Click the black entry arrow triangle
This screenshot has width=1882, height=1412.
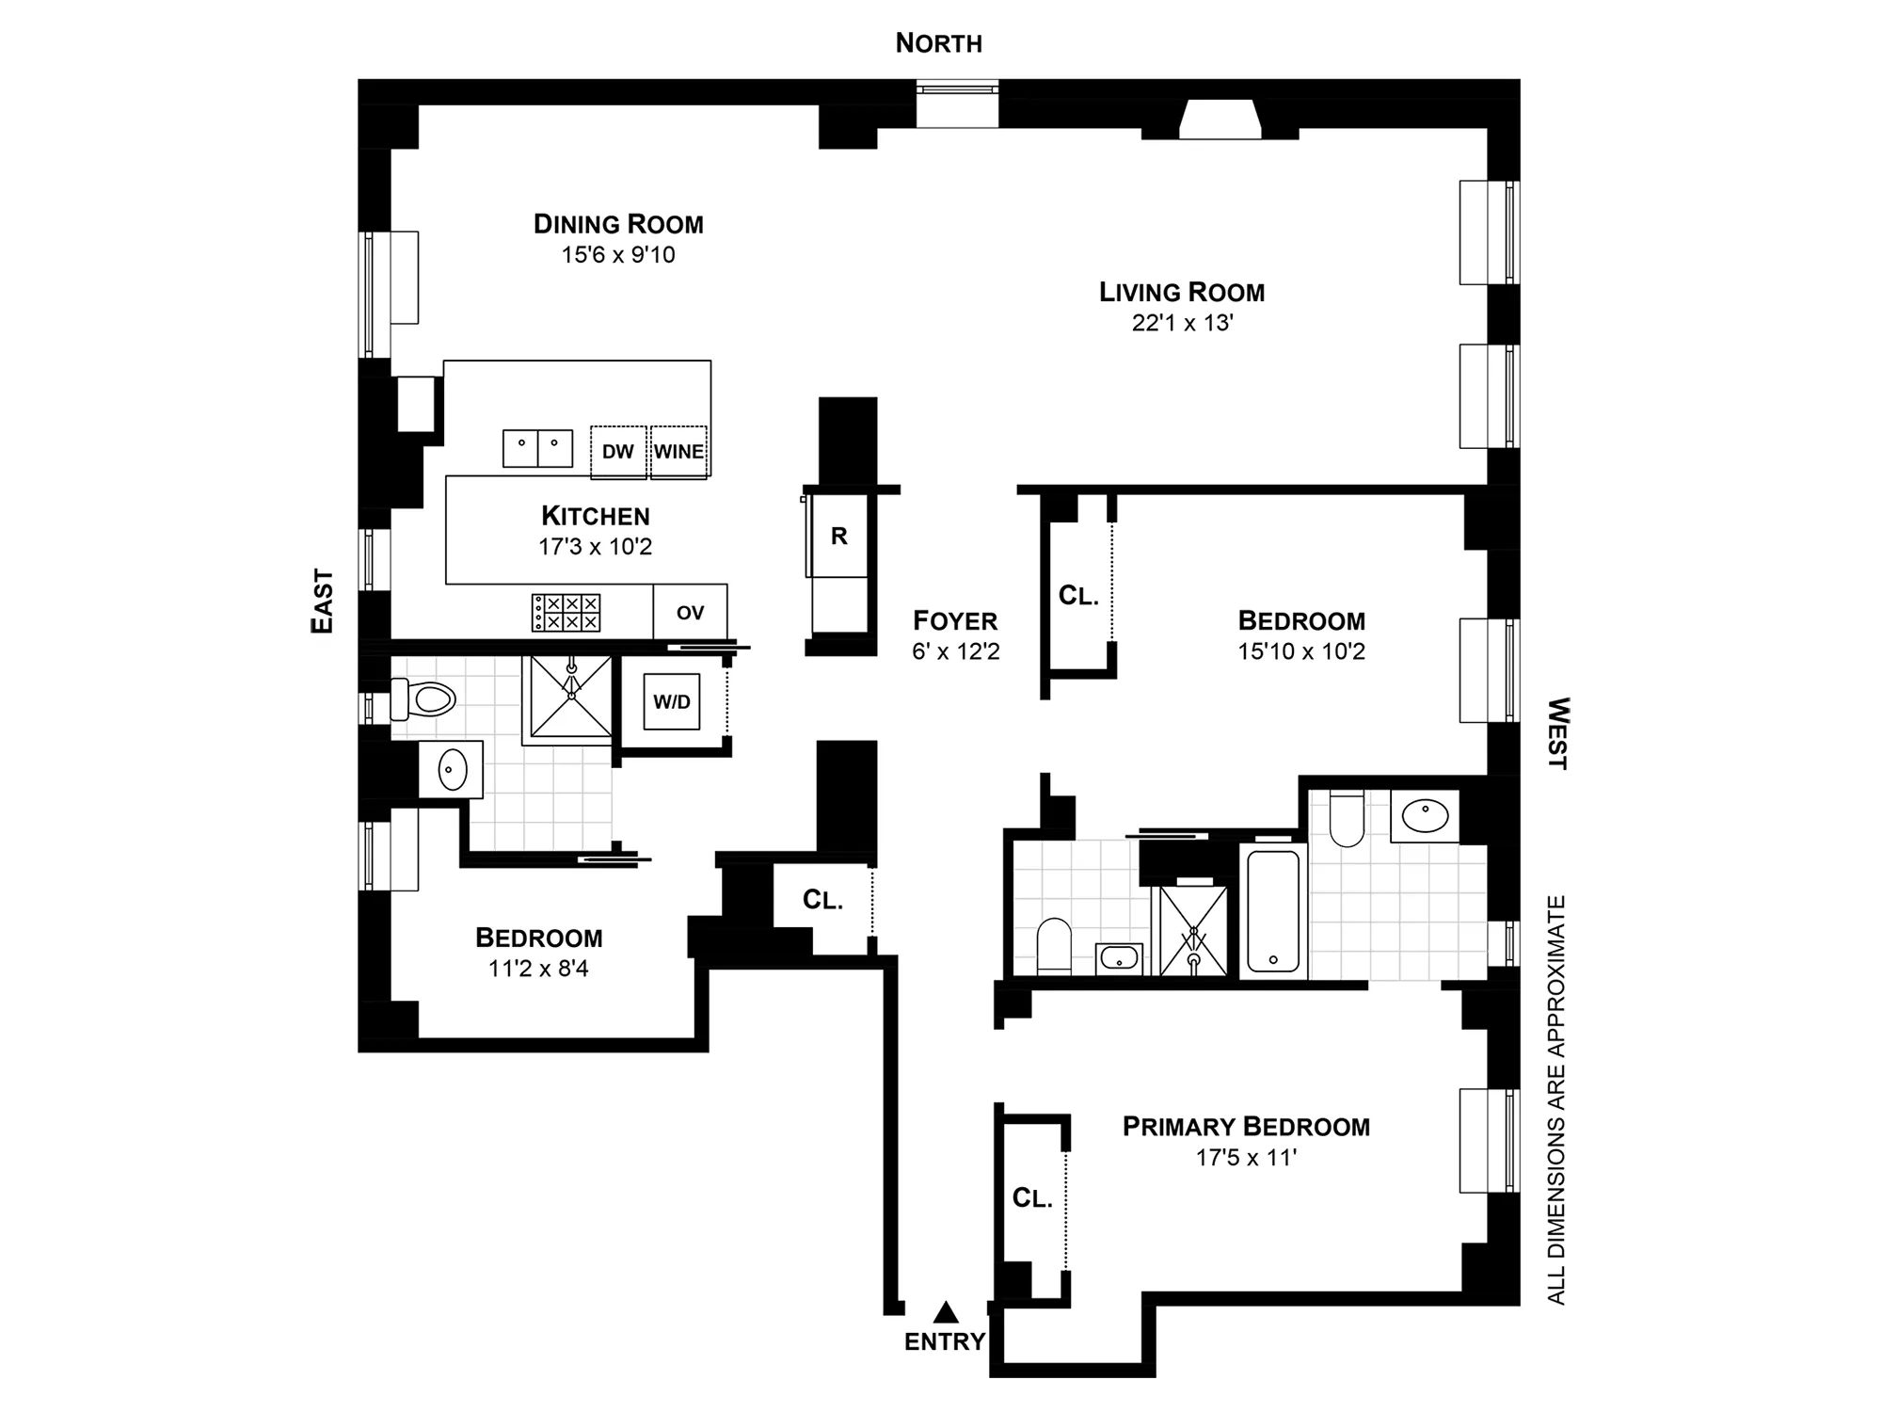pyautogui.click(x=946, y=1312)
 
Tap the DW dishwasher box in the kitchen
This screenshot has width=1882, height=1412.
pyautogui.click(x=618, y=452)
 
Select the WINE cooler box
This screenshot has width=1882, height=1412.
pyautogui.click(x=678, y=452)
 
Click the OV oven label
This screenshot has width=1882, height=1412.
pyautogui.click(x=690, y=613)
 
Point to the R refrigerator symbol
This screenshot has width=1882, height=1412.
pyautogui.click(x=839, y=537)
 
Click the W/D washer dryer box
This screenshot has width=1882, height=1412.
pyautogui.click(x=672, y=702)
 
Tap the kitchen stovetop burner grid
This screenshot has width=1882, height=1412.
pyautogui.click(x=566, y=613)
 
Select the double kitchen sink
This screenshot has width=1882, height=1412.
pyautogui.click(x=537, y=448)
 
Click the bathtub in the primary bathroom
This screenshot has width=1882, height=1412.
pyautogui.click(x=1273, y=911)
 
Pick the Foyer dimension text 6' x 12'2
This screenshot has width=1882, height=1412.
pyautogui.click(x=955, y=651)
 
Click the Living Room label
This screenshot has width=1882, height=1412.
pyautogui.click(x=1182, y=293)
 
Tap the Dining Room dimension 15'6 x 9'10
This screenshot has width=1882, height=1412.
pyautogui.click(x=618, y=255)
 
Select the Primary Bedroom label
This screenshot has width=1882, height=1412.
pyautogui.click(x=1246, y=1127)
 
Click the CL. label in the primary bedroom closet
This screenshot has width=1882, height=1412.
pyautogui.click(x=1032, y=1198)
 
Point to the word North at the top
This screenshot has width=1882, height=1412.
pyautogui.click(x=938, y=43)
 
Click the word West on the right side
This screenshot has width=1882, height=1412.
pyautogui.click(x=1558, y=733)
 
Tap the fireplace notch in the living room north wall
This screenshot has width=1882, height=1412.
pyautogui.click(x=1220, y=120)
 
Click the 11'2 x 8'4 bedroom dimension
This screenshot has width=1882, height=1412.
pyautogui.click(x=538, y=969)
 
